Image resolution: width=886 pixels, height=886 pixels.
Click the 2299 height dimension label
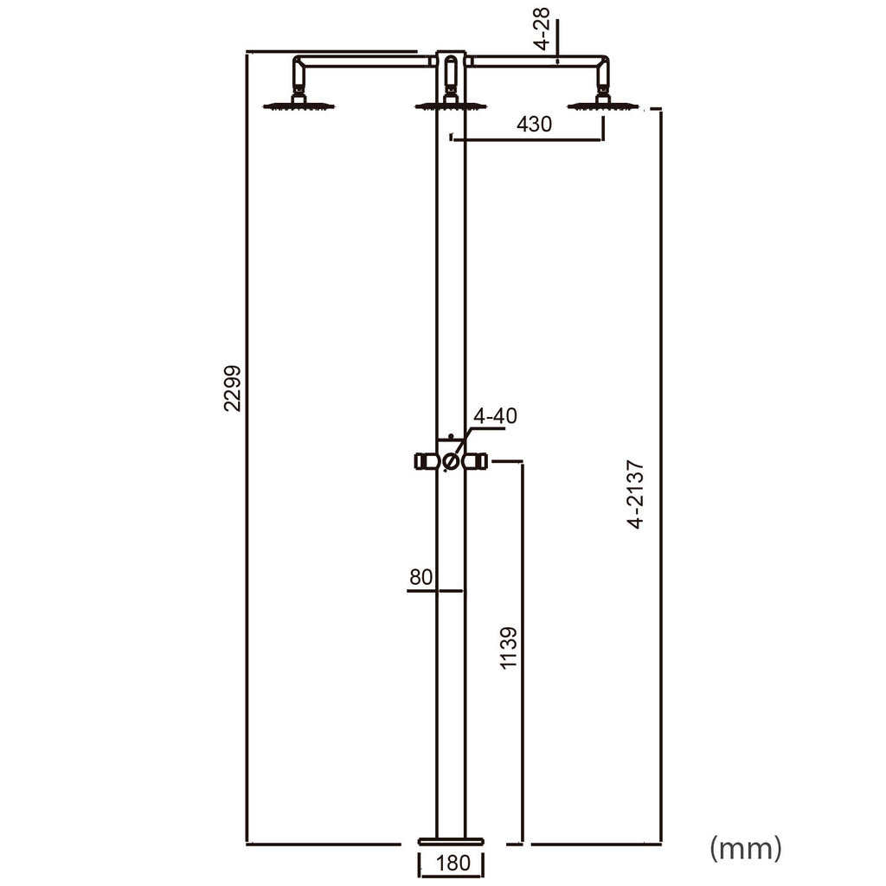[233, 388]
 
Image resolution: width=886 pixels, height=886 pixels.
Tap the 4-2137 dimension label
[636, 494]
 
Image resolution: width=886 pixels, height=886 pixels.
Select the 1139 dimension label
[509, 647]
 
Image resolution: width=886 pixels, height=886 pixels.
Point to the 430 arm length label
[534, 124]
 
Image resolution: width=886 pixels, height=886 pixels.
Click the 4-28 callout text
[542, 29]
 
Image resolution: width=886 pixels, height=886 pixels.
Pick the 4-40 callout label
[495, 416]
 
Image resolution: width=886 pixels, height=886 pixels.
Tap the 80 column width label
[421, 577]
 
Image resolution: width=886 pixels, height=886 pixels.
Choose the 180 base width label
[453, 863]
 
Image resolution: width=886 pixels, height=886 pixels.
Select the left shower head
[299, 105]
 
